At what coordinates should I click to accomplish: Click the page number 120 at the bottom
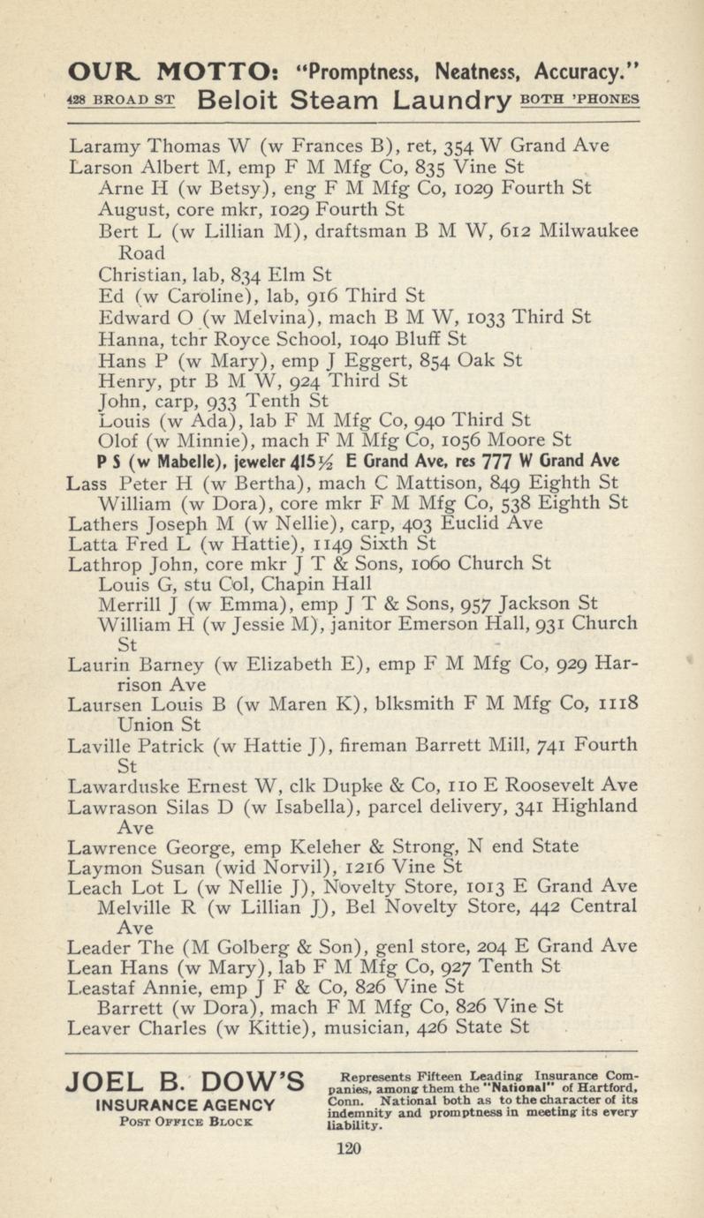[x=351, y=1148]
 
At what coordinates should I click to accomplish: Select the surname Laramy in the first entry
[x=103, y=145]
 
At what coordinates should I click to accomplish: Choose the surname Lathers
[x=102, y=524]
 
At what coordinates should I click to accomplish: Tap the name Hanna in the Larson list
[x=123, y=337]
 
